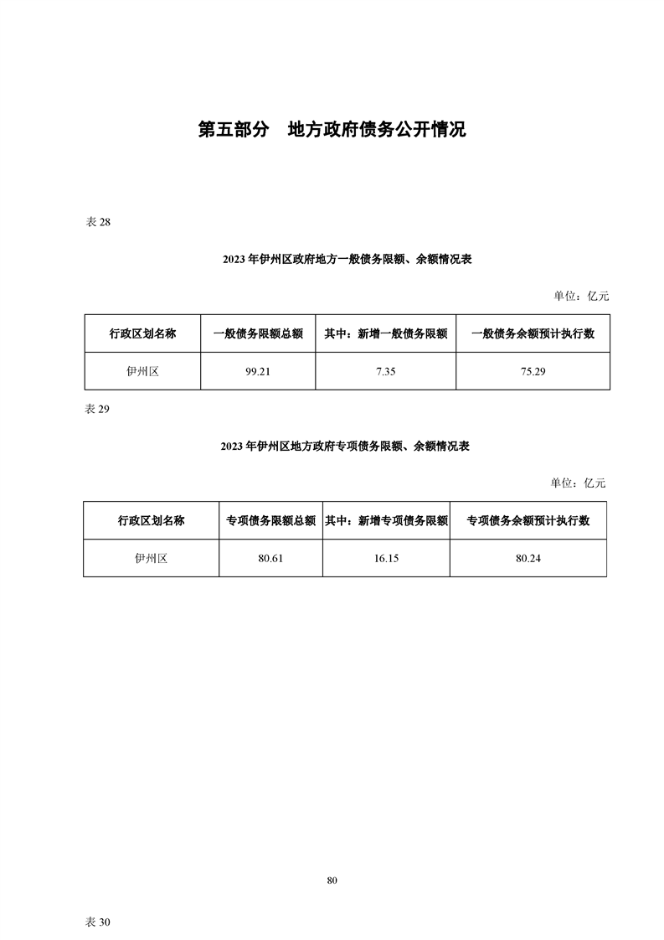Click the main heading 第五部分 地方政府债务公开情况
[x=332, y=130]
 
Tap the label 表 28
[x=98, y=222]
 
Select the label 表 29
[x=97, y=410]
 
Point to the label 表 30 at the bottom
[x=98, y=922]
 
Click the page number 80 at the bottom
[x=332, y=881]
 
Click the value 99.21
[x=258, y=372]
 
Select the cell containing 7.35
[x=386, y=372]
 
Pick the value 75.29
[x=533, y=372]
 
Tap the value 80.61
[x=270, y=559]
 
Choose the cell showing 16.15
[x=387, y=559]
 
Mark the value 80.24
[x=528, y=559]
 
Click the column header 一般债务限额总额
[x=258, y=334]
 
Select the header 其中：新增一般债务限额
[x=386, y=334]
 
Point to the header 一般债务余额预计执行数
[x=533, y=334]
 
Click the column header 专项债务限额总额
[x=270, y=521]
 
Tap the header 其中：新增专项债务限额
[x=387, y=521]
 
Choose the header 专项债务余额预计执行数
[x=528, y=521]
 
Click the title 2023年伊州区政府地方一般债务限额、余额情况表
[x=347, y=260]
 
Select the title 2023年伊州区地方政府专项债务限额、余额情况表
[x=345, y=447]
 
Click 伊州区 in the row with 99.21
[x=142, y=372]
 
